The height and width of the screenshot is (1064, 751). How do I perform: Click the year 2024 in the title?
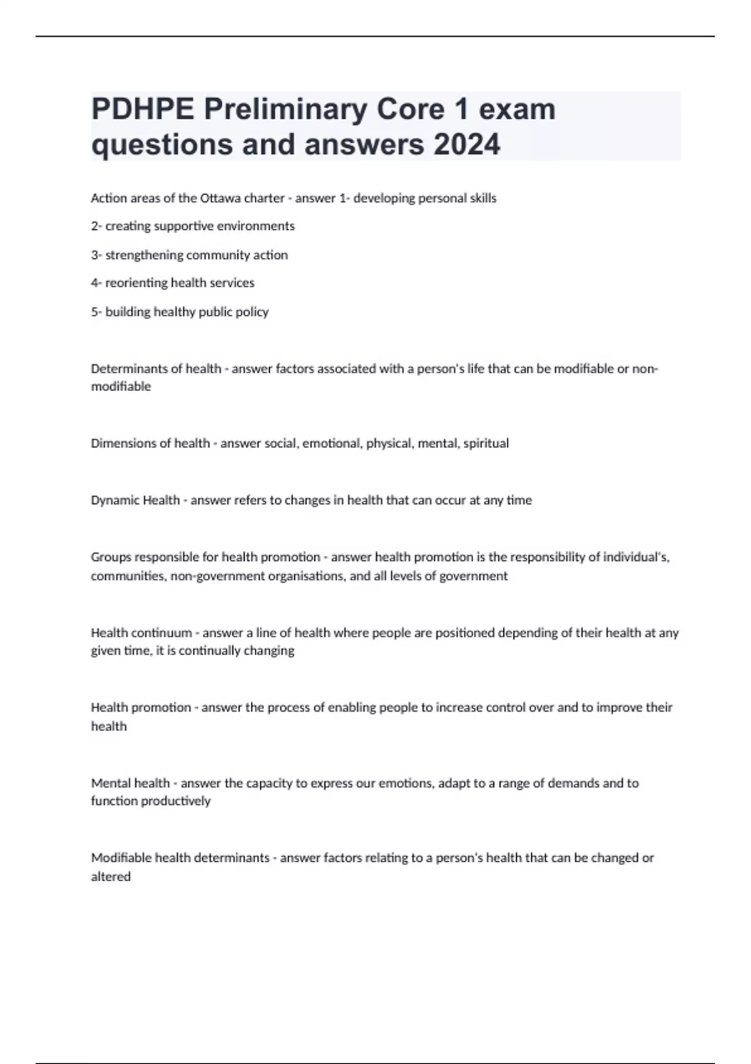tap(467, 145)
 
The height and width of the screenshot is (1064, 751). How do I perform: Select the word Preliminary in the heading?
tap(285, 110)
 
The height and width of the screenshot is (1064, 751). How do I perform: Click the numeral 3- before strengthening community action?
tap(96, 255)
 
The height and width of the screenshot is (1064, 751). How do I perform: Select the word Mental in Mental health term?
tap(108, 783)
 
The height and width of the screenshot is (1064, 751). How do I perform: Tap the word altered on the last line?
tap(111, 877)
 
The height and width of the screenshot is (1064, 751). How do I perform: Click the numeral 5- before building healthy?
tap(96, 312)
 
